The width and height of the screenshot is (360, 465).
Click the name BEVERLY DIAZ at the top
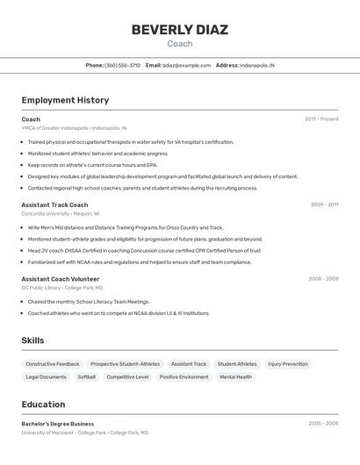(x=179, y=30)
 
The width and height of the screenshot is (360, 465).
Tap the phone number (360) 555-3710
(x=122, y=65)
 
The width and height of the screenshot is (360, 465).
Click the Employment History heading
(x=65, y=100)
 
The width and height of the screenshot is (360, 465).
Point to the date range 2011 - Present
(x=321, y=119)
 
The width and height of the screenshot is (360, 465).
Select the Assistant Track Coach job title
(x=54, y=204)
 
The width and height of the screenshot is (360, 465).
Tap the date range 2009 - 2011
(x=324, y=204)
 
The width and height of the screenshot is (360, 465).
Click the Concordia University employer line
(x=60, y=213)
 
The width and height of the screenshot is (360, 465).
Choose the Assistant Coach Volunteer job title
(x=61, y=279)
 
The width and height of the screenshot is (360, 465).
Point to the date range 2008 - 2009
(x=323, y=279)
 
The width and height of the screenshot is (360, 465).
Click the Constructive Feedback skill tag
(x=53, y=363)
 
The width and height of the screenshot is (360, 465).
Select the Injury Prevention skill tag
(x=288, y=363)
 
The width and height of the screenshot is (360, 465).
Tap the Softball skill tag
(x=86, y=376)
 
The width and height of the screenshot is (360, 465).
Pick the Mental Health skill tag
(x=235, y=376)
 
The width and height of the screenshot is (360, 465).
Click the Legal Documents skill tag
(x=46, y=376)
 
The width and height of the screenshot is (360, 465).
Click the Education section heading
(x=43, y=404)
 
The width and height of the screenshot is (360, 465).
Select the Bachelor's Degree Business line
(x=58, y=424)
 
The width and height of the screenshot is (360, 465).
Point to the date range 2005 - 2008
(x=323, y=424)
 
